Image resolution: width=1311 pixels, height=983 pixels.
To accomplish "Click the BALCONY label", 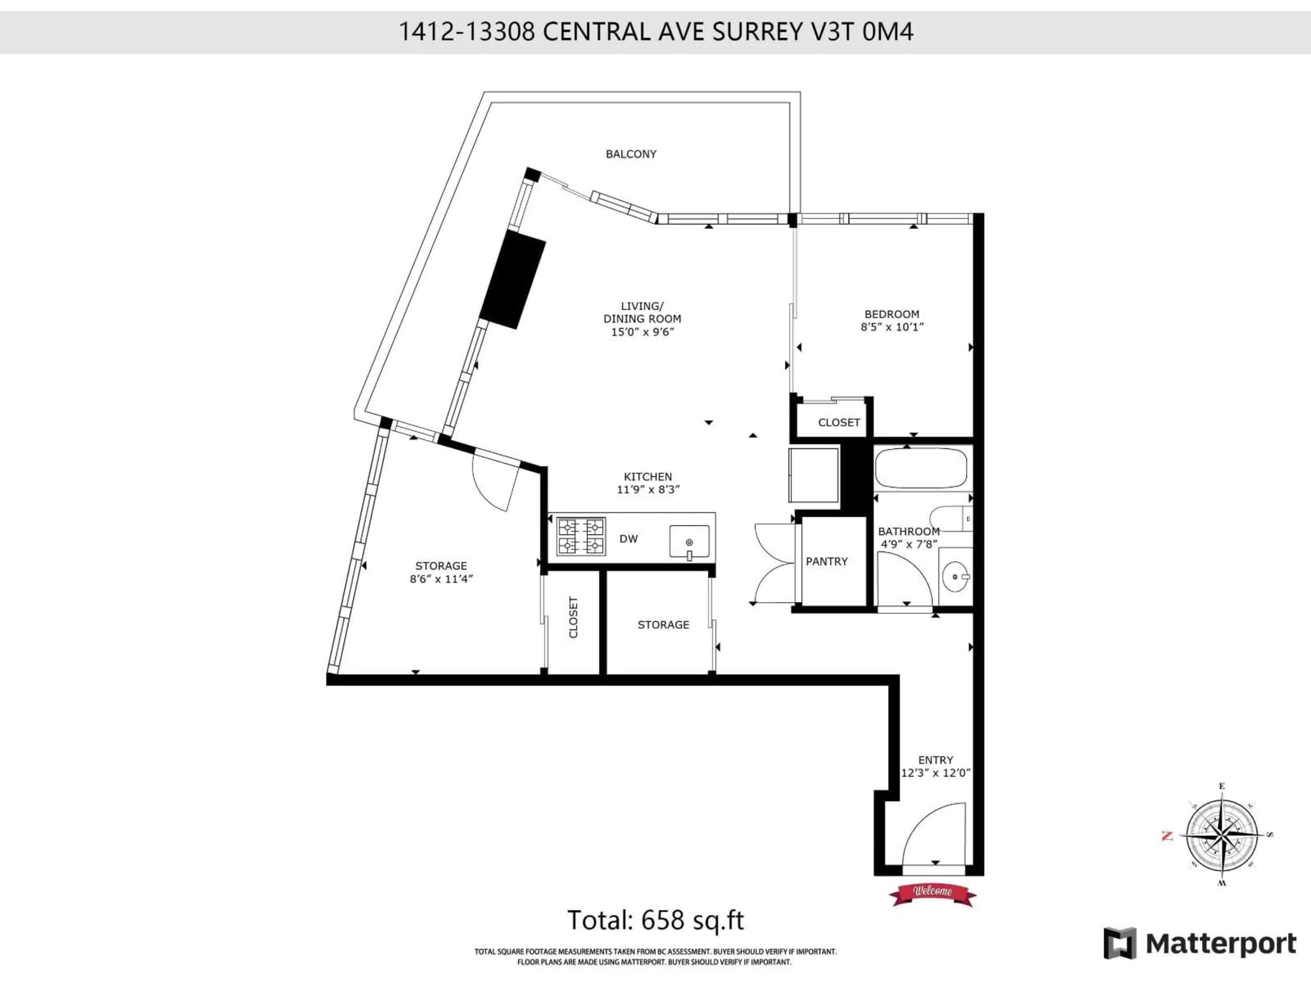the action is coord(631,154).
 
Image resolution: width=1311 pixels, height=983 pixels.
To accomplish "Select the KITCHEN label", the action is coord(648,476).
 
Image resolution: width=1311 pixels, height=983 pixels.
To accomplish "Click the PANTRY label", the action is coord(827,561).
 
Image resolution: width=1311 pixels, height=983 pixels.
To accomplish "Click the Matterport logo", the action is coord(1200,943).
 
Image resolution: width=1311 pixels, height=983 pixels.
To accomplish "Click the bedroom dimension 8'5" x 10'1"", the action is coord(892,327).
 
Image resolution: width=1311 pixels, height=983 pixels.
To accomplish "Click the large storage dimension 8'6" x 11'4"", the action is coord(441,579).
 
